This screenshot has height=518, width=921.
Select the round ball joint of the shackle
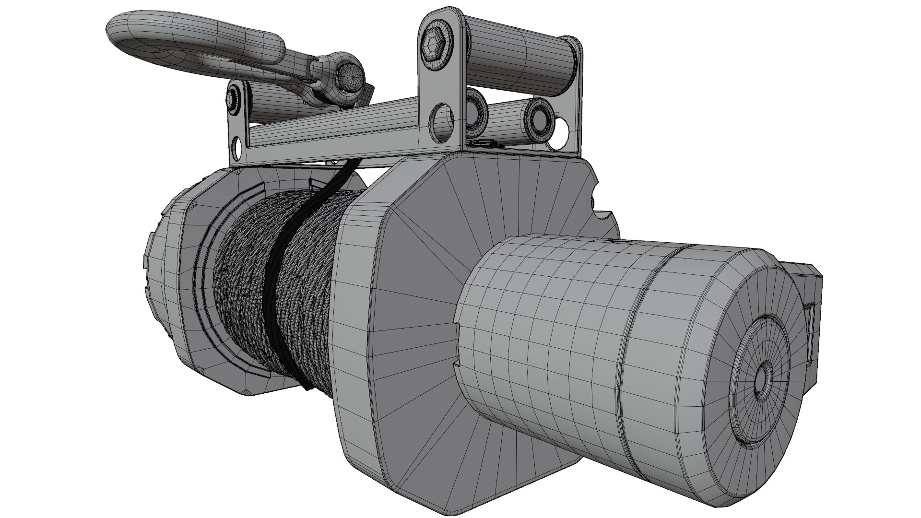(350, 79)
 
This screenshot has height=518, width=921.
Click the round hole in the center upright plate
(443, 123)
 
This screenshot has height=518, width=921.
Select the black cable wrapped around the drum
(278, 269)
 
